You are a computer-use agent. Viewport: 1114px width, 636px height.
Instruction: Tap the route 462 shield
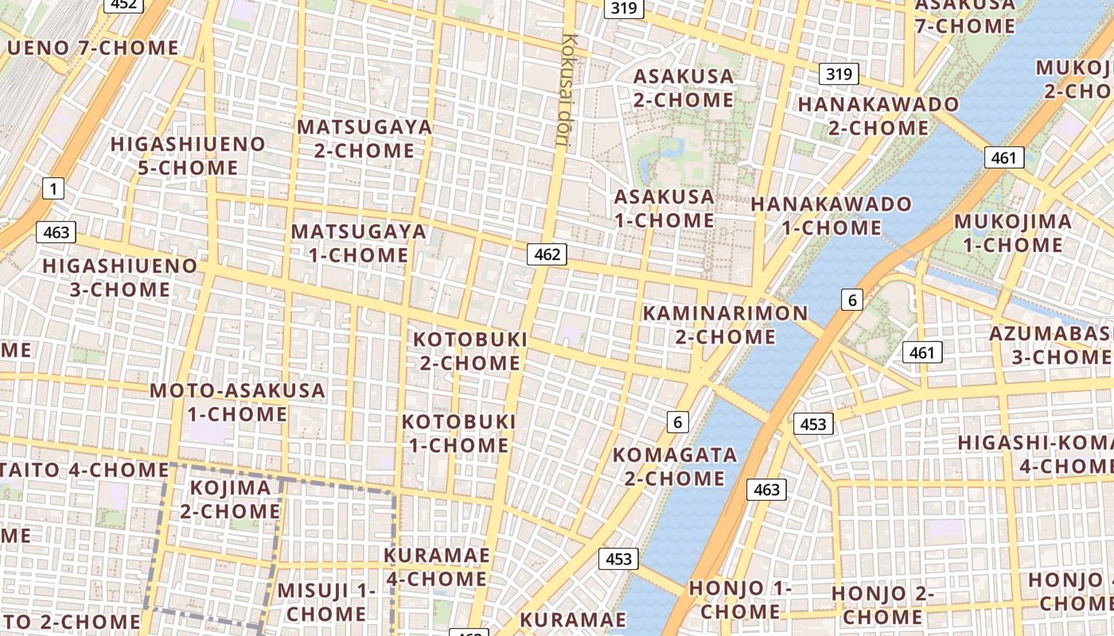point(547,254)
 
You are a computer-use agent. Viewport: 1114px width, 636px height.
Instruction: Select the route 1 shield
point(53,188)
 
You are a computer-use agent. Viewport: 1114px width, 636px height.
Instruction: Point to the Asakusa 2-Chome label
point(684,88)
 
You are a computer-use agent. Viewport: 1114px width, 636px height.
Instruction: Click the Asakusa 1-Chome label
point(664,208)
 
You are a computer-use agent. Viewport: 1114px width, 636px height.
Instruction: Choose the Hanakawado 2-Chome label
point(878,116)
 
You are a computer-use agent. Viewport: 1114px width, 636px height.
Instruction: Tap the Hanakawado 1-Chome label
point(832,216)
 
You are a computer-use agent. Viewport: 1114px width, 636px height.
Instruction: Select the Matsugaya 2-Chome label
point(364,138)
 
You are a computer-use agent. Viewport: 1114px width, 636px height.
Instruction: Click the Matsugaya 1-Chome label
point(359,243)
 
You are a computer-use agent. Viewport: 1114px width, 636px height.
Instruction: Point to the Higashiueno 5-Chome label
point(188,156)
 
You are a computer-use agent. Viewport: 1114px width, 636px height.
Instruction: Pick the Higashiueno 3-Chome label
point(120,277)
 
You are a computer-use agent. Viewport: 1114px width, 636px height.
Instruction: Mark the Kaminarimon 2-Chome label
point(725,324)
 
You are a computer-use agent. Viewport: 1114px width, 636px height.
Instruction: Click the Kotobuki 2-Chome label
point(470,351)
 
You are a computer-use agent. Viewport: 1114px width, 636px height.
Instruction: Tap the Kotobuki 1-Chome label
point(459,433)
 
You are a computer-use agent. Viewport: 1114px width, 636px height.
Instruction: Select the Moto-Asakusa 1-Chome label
point(238,402)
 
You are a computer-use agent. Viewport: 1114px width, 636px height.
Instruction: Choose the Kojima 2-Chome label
point(231,498)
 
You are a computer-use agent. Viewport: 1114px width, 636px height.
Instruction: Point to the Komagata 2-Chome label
point(675,467)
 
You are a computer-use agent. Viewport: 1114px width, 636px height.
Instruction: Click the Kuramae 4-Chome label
point(436,567)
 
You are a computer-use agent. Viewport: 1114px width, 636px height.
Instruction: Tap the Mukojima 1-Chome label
point(1013,233)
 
